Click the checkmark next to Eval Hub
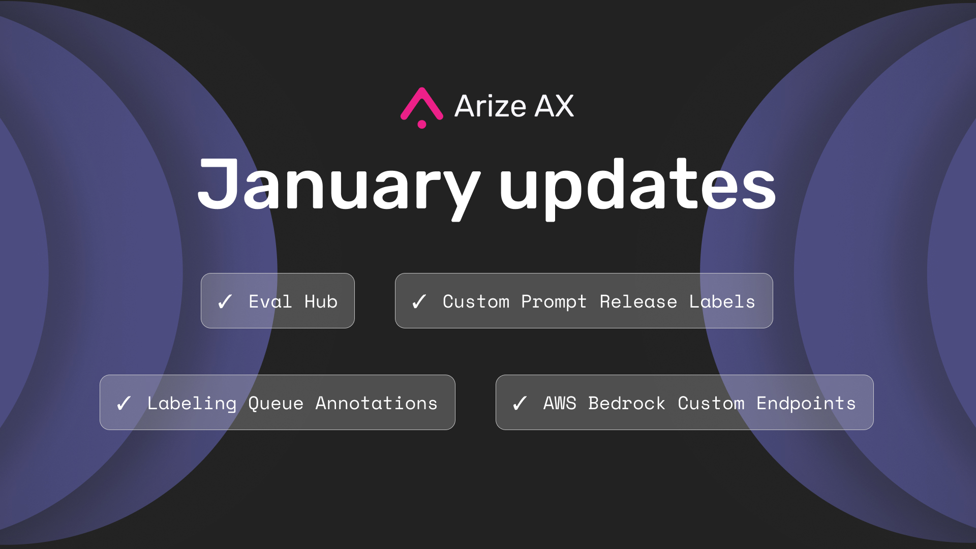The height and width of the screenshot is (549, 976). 225,301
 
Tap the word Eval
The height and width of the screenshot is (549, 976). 270,301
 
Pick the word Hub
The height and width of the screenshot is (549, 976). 321,301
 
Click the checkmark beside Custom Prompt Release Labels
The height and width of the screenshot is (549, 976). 419,301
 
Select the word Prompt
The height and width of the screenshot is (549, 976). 554,302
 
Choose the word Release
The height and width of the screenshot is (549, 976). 638,301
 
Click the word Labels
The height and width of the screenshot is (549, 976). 722,301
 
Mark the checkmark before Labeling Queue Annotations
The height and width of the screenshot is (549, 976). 124,403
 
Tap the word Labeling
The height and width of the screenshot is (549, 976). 192,404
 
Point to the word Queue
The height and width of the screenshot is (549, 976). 276,404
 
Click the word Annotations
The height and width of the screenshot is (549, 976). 376,403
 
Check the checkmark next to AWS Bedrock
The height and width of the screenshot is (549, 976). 520,403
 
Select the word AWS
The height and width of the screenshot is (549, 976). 560,403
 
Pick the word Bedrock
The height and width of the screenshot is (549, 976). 627,403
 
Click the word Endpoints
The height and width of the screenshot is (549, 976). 806,404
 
